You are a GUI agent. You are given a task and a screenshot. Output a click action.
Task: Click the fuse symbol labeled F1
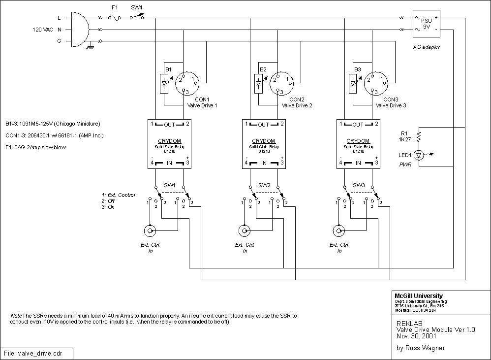115,17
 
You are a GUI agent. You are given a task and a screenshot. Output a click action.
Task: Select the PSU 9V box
427,24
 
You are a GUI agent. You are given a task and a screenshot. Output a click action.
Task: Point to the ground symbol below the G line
90,47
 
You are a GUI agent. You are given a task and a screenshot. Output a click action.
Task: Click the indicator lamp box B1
164,83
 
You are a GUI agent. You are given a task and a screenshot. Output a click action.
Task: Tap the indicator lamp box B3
353,83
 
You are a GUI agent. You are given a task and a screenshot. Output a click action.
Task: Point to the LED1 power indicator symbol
418,155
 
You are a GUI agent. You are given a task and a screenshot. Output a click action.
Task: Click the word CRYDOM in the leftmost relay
169,140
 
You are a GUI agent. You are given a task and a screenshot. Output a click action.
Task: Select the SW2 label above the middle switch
265,185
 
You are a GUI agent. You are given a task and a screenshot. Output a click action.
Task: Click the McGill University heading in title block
419,295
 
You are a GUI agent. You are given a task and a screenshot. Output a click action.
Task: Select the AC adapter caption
426,47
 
